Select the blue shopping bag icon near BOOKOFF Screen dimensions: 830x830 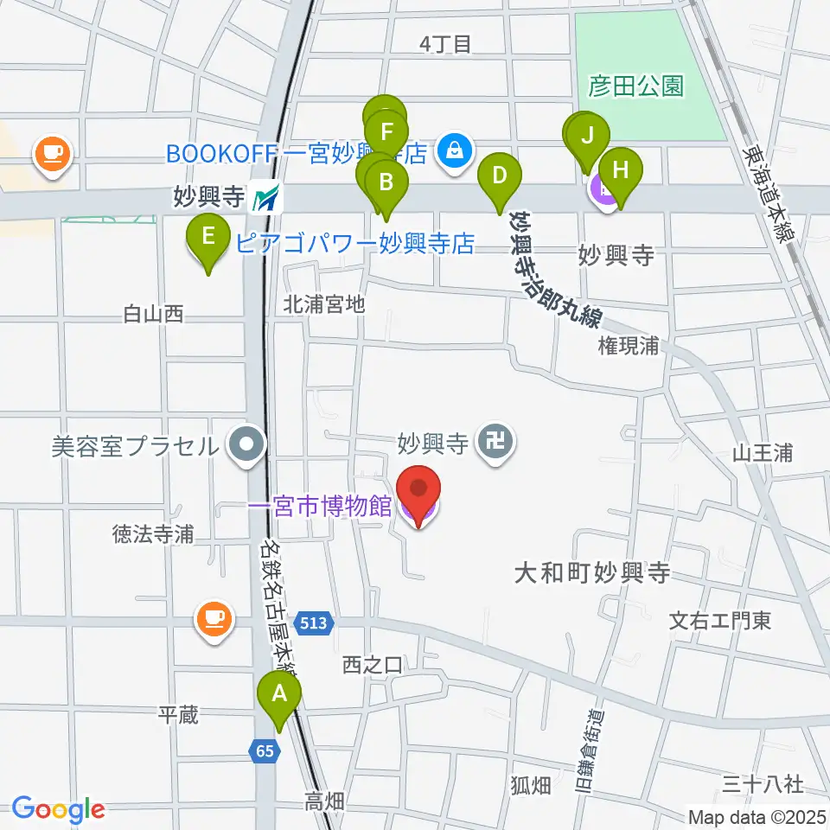coord(452,151)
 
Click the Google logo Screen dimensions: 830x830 coord(58,809)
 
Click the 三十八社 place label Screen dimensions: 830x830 coord(763,784)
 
